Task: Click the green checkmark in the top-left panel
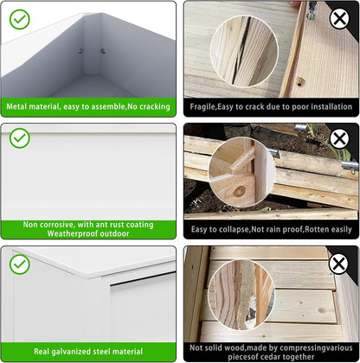pyautogui.click(x=20, y=19)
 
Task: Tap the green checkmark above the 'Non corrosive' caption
pyautogui.click(x=20, y=138)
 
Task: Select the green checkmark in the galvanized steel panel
pyautogui.click(x=20, y=264)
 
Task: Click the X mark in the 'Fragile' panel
pyautogui.click(x=339, y=19)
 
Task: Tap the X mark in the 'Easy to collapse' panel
pyautogui.click(x=339, y=139)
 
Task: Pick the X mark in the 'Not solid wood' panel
pyautogui.click(x=338, y=264)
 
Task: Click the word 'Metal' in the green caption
pyautogui.click(x=16, y=106)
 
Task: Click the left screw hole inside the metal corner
pyautogui.click(x=80, y=51)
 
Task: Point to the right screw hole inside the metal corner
pyautogui.click(x=103, y=51)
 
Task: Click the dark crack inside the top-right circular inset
pyautogui.click(x=240, y=52)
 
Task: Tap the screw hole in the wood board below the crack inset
pyautogui.click(x=300, y=82)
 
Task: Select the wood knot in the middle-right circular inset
pyautogui.click(x=239, y=191)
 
